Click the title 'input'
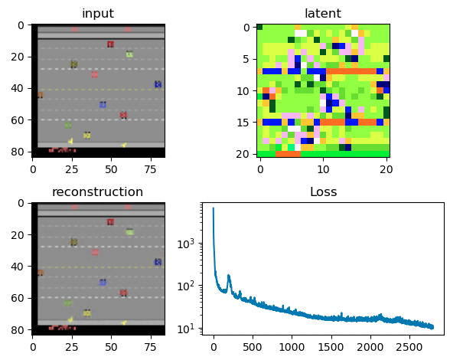click(x=97, y=14)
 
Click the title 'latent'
click(x=322, y=14)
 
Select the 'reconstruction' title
click(x=97, y=191)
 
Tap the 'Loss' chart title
click(x=322, y=191)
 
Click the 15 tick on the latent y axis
click(x=245, y=122)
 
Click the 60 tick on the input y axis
click(x=21, y=119)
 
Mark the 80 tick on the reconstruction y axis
click(x=21, y=329)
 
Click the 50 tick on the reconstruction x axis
click(x=110, y=344)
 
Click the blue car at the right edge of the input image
click(x=158, y=84)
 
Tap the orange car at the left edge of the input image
click(x=40, y=94)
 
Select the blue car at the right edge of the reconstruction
click(x=158, y=262)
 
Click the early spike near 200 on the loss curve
click(x=229, y=277)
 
